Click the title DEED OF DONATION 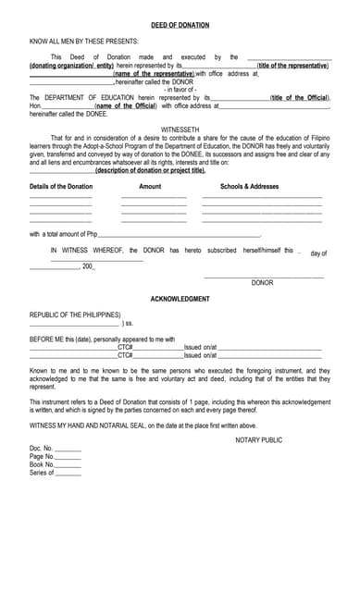point(180,25)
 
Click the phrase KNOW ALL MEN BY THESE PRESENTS point(84,42)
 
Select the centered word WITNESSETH point(180,129)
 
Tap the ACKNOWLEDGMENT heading point(180,299)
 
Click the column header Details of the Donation point(61,187)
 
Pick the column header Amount point(150,187)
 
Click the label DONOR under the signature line point(263,282)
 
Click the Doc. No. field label point(43,449)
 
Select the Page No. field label point(43,457)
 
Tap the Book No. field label point(43,465)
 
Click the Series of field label point(42,474)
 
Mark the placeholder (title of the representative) point(292,66)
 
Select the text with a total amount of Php point(64,234)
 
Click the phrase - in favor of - point(180,89)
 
